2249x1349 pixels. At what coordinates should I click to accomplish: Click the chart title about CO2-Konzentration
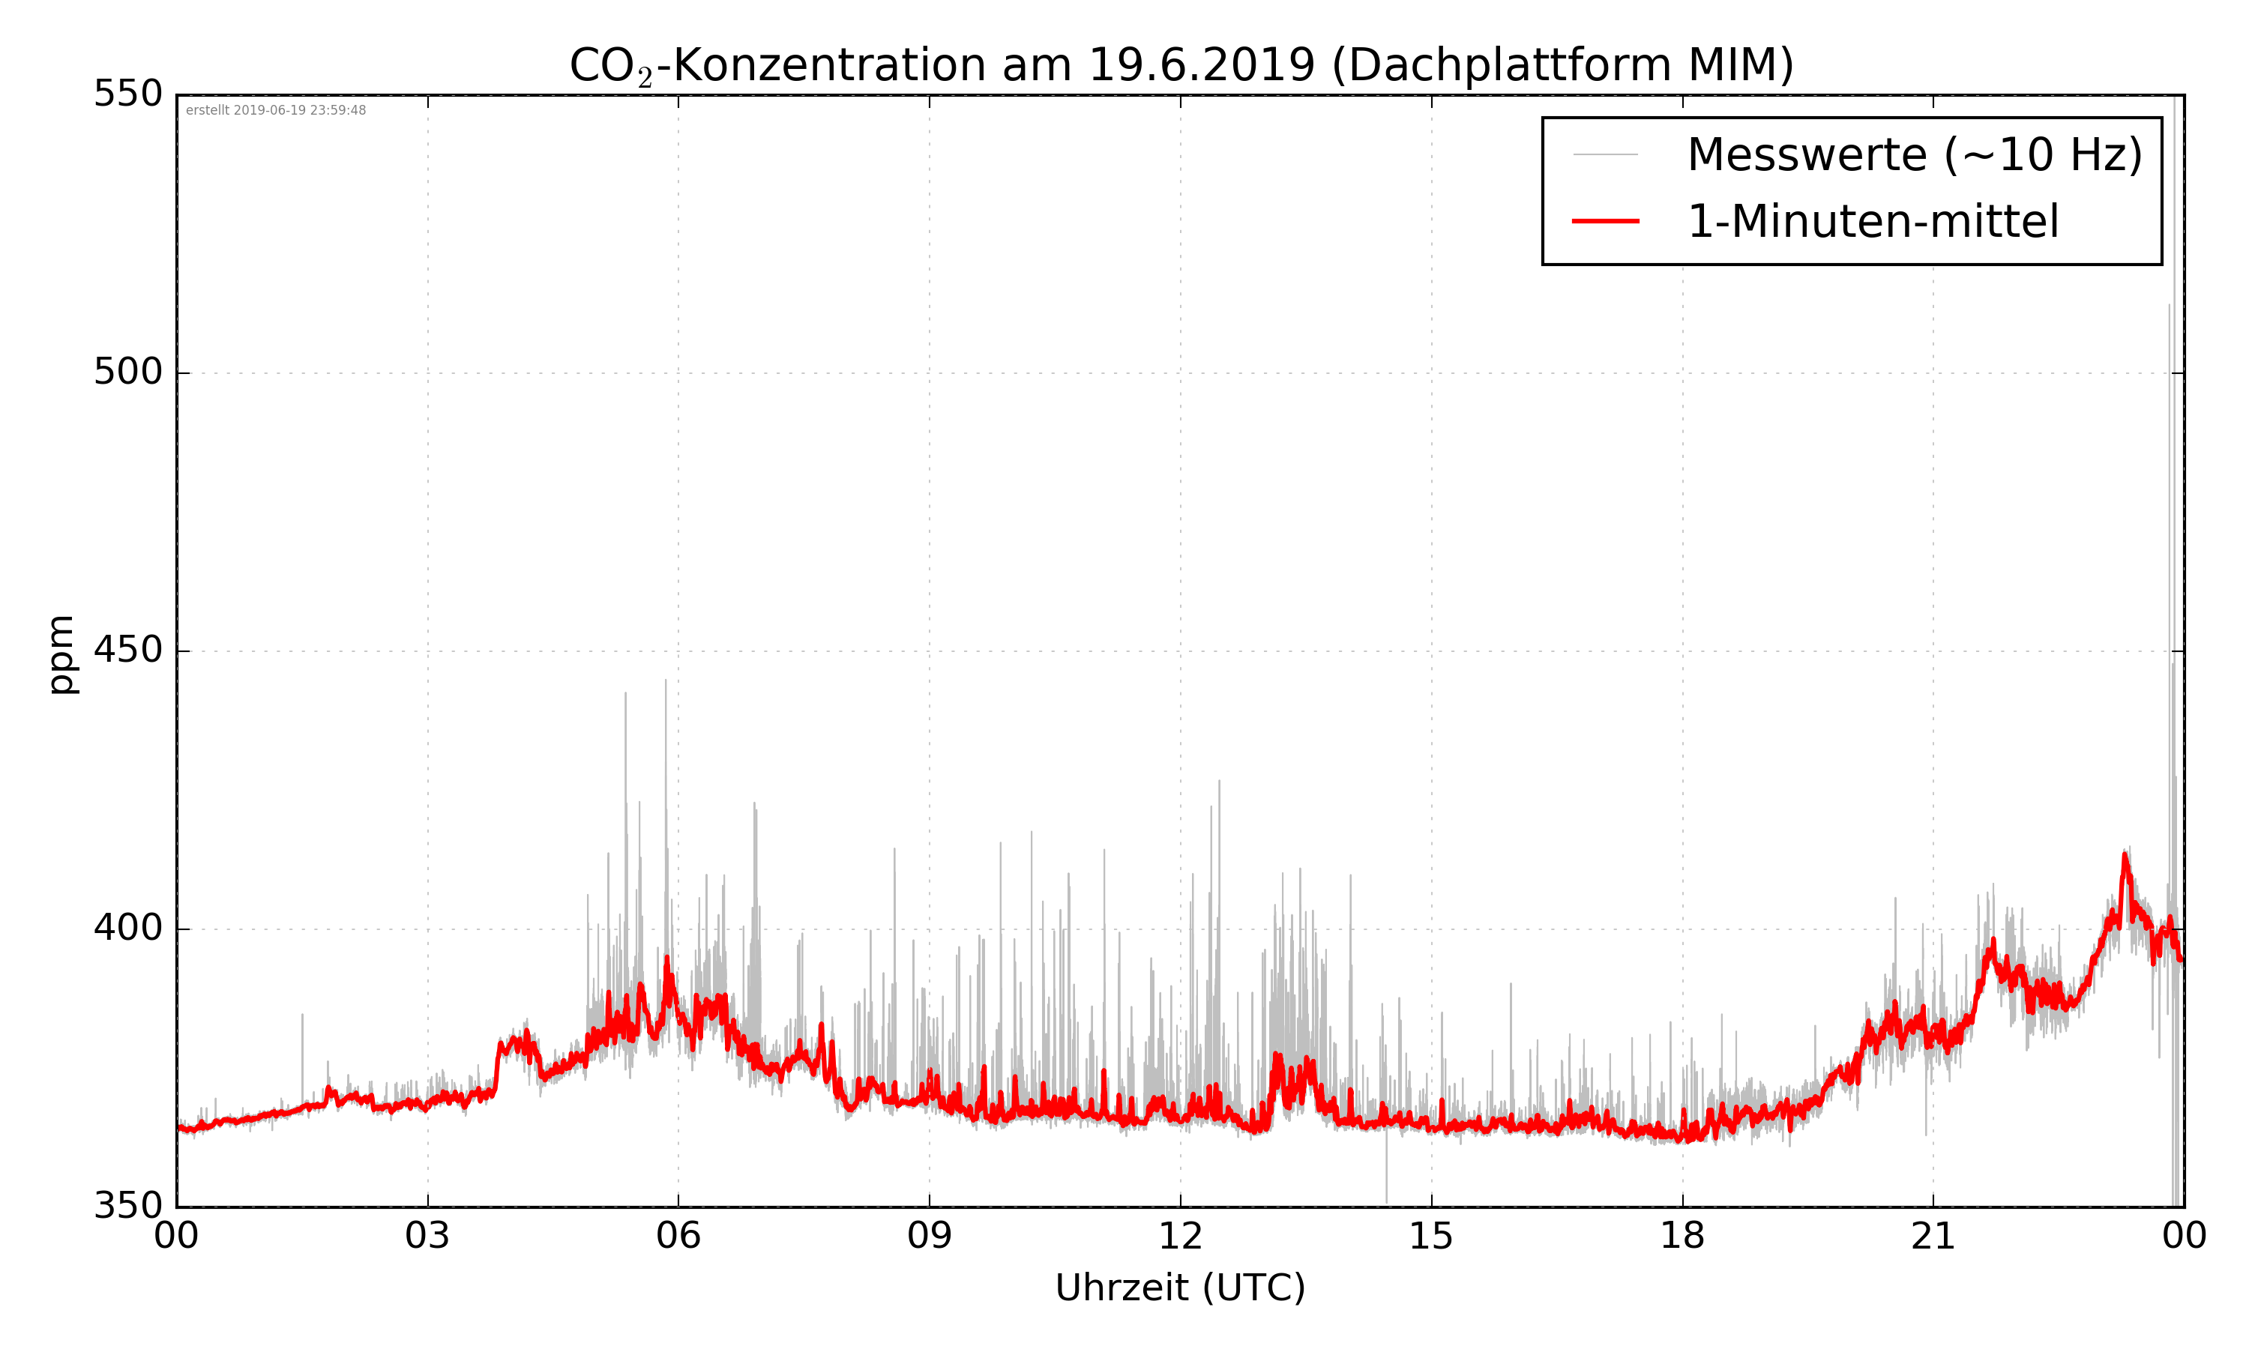1180,65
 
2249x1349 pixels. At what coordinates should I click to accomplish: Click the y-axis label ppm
61,654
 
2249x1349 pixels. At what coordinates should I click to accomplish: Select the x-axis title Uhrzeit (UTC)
1180,1288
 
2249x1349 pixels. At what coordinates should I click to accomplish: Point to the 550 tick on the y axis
128,94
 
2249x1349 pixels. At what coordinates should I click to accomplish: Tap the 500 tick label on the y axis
128,372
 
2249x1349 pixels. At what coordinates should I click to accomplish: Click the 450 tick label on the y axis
128,650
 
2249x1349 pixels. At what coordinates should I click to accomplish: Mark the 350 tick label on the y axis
128,1207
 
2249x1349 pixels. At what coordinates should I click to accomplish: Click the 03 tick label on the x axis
427,1237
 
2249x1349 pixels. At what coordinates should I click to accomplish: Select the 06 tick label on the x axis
678,1237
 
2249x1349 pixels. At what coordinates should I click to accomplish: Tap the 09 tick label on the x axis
929,1237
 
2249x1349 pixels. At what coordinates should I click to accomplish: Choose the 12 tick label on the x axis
1180,1237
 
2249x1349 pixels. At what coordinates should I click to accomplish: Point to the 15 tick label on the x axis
1431,1237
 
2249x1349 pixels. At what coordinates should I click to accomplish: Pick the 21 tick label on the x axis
1933,1237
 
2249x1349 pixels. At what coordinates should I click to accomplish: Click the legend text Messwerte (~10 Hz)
1915,154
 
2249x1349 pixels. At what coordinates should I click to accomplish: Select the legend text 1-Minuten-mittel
1873,222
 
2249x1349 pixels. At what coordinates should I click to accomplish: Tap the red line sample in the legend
1605,221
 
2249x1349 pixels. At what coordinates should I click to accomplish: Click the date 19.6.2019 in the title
1201,65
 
